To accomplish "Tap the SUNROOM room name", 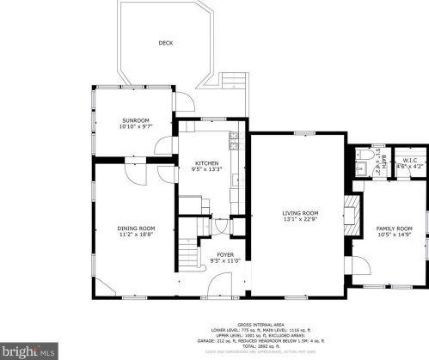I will [135, 121].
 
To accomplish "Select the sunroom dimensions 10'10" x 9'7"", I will [135, 128].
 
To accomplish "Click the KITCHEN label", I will [206, 163].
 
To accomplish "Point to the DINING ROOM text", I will [135, 228].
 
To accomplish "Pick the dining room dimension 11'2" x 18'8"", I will [135, 235].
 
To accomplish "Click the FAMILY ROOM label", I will [395, 228].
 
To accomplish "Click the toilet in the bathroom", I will [362, 156].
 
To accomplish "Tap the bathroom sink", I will [362, 171].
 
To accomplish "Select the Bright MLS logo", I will [29, 351].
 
